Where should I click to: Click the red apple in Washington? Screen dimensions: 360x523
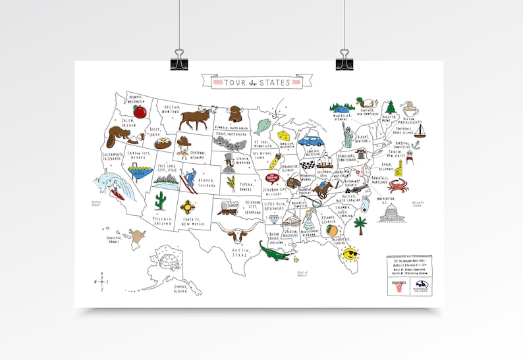coord(139,111)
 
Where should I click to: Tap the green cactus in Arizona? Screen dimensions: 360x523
coord(160,201)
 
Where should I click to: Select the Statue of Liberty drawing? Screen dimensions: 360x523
coord(346,135)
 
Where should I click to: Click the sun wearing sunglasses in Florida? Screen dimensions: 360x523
coord(350,253)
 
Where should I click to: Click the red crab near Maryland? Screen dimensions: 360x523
coord(397,186)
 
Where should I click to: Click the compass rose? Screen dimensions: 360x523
coord(102,282)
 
